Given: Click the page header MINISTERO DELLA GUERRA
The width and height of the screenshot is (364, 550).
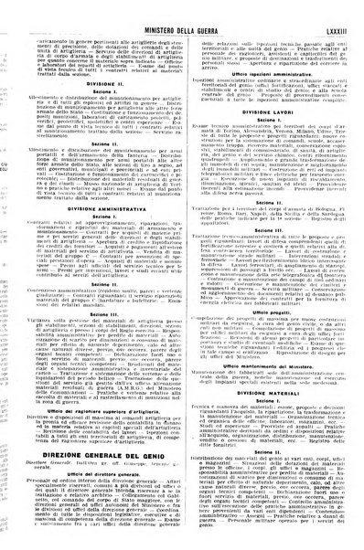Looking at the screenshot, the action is pos(184,11).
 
